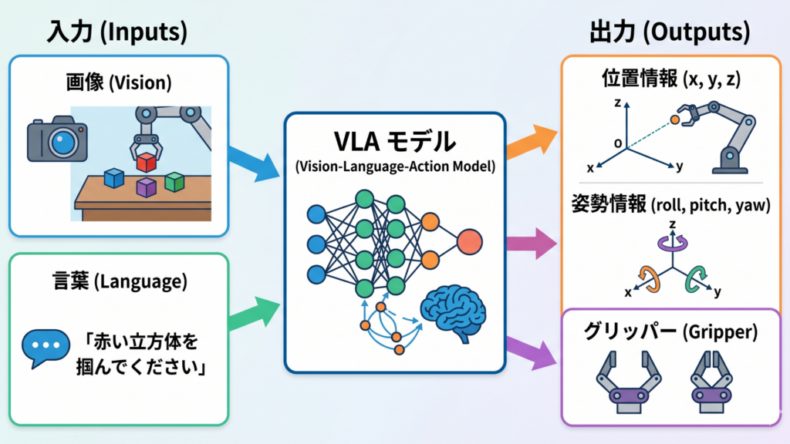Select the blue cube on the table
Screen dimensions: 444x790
114,179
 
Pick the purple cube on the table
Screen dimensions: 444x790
146,187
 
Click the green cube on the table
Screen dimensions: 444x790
175,182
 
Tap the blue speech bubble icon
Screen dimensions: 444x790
41,347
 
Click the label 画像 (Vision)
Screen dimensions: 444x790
119,82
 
